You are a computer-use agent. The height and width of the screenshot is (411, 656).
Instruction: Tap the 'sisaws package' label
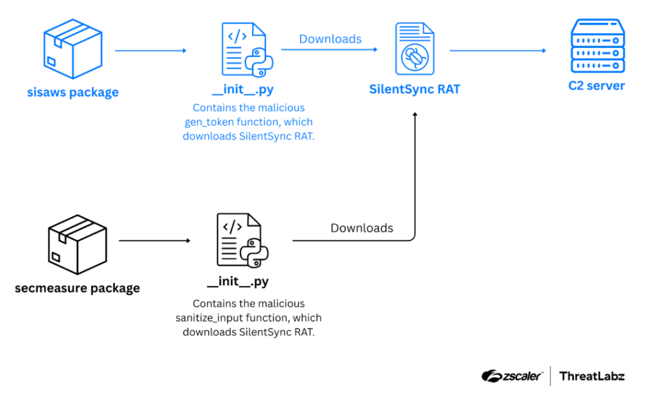(x=72, y=92)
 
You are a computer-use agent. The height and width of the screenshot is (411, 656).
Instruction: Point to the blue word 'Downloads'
(x=330, y=39)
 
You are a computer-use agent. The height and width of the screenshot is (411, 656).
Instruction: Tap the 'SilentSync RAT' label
(x=414, y=89)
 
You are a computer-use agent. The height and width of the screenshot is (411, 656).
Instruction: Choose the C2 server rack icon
(x=597, y=47)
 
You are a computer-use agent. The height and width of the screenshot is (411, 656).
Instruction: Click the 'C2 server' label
(x=596, y=86)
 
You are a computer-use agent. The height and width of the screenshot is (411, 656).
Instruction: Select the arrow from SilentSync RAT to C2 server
(x=498, y=50)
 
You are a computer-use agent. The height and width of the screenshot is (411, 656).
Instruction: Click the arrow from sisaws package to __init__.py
(x=151, y=50)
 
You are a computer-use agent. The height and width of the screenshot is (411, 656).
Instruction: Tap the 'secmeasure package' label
(x=77, y=288)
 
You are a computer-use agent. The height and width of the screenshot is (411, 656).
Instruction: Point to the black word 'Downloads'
(x=362, y=228)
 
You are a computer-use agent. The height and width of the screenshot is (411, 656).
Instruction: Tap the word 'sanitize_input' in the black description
(x=209, y=318)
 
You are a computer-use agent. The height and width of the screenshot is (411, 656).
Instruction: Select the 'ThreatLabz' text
(x=592, y=376)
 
